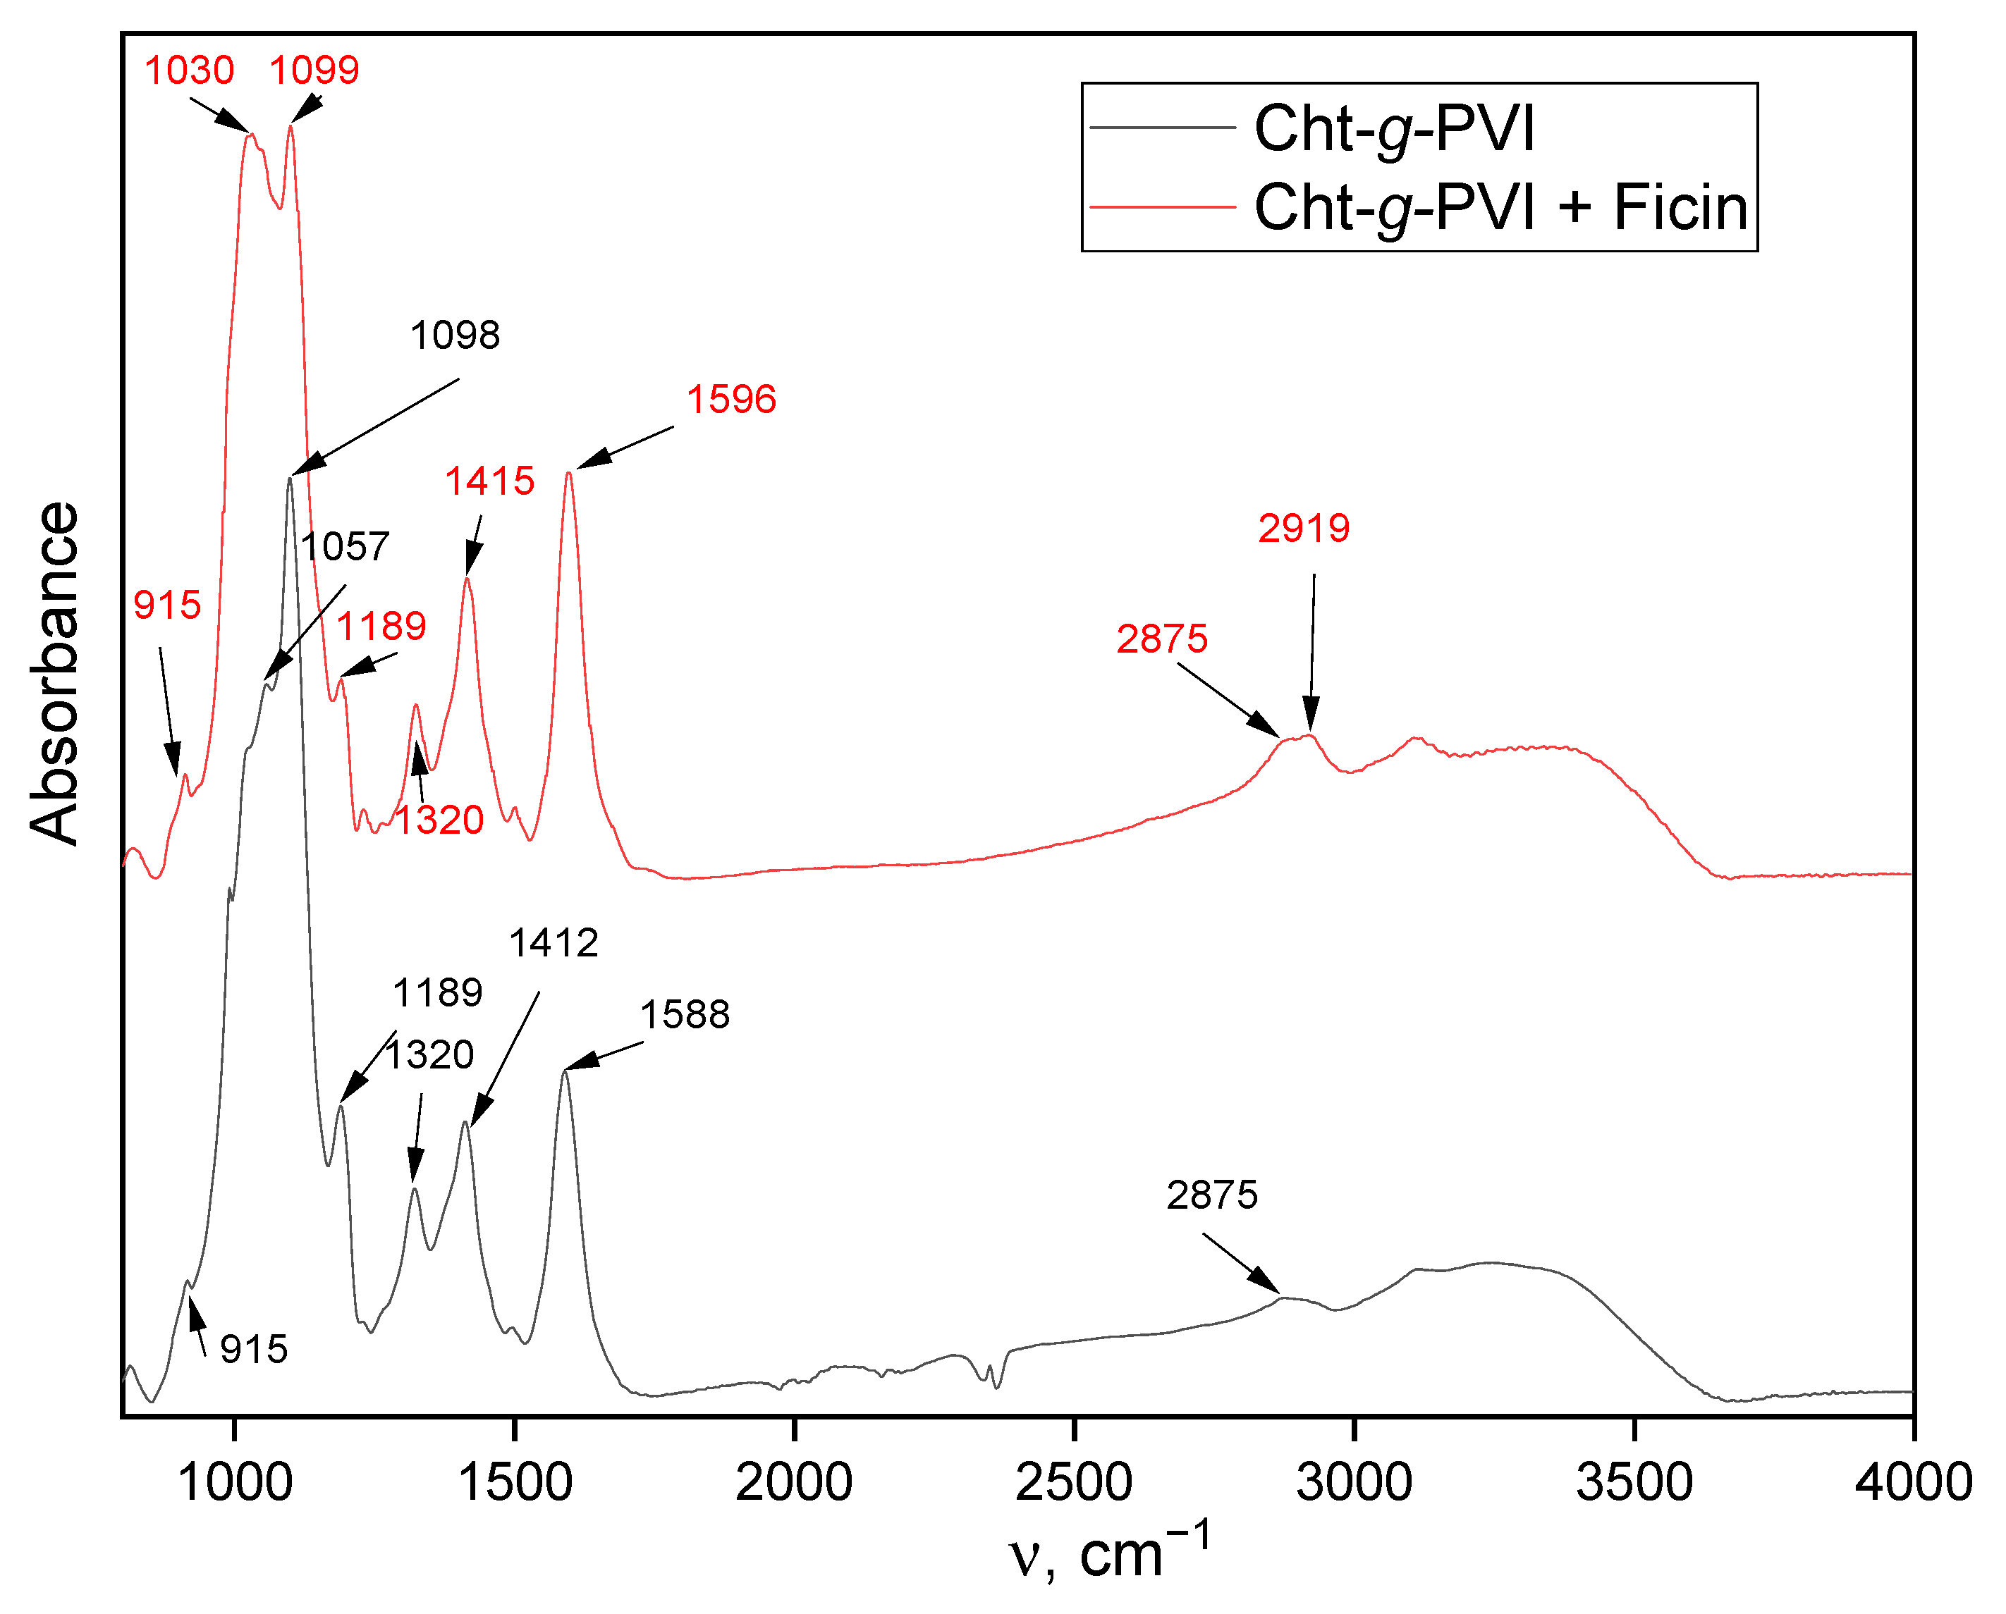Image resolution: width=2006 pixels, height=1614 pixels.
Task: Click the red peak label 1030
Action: (189, 70)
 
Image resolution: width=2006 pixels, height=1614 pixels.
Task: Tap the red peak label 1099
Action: (314, 70)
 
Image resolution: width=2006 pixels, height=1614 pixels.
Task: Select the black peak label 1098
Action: (455, 335)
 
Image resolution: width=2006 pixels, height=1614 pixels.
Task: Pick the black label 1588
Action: (685, 1015)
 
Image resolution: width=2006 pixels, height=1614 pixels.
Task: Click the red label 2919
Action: (1304, 529)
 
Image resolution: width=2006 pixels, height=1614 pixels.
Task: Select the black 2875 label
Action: (1212, 1195)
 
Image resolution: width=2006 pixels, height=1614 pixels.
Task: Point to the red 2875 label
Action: (1162, 640)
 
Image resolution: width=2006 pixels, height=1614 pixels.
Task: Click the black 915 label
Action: (254, 1350)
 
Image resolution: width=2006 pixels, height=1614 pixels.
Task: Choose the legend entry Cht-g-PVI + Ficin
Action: (1500, 207)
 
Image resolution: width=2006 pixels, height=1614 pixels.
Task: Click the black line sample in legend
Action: (1162, 128)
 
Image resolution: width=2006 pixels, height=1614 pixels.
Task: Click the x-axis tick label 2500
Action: (1074, 1483)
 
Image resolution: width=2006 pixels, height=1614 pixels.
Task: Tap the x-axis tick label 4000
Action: (1913, 1483)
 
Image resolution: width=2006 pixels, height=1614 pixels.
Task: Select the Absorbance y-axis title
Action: (54, 674)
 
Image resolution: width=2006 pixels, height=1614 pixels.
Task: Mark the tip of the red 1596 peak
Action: (568, 473)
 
